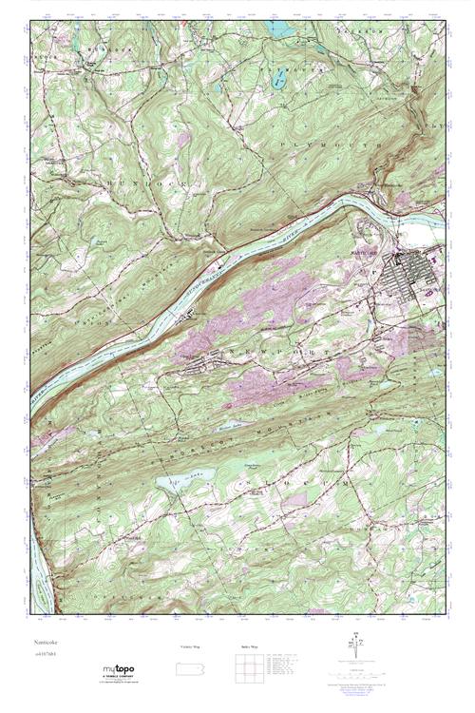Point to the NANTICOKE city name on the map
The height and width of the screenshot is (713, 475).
click(x=379, y=252)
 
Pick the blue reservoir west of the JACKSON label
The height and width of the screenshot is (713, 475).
click(x=283, y=29)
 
